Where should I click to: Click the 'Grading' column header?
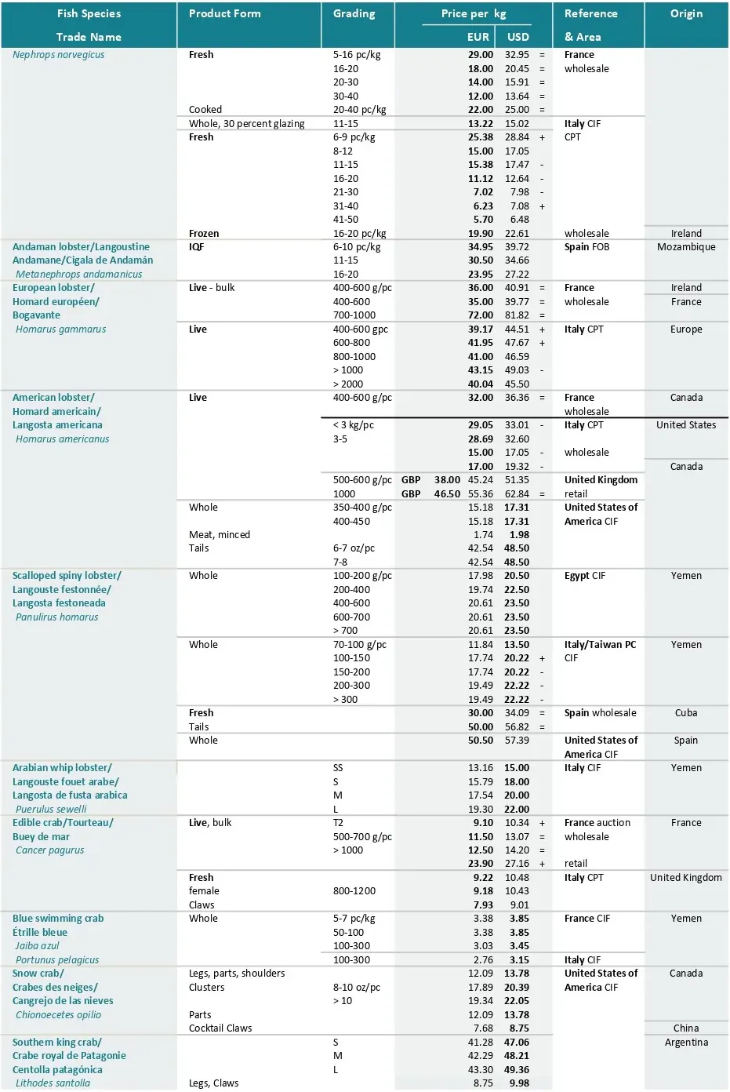pyautogui.click(x=354, y=13)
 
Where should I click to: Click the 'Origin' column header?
pyautogui.click(x=686, y=13)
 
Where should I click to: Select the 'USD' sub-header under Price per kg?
pyautogui.click(x=518, y=36)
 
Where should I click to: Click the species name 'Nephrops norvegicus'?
pyautogui.click(x=58, y=55)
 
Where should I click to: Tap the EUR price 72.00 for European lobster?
pyautogui.click(x=481, y=315)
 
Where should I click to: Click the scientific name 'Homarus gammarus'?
pyautogui.click(x=60, y=329)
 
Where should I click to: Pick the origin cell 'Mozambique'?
pyautogui.click(x=686, y=247)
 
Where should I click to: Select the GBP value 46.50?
pyautogui.click(x=447, y=494)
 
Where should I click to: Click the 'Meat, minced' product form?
pyautogui.click(x=219, y=535)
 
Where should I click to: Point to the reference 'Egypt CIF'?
pyautogui.click(x=584, y=576)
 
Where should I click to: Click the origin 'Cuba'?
pyautogui.click(x=686, y=713)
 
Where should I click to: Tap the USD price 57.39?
pyautogui.click(x=517, y=741)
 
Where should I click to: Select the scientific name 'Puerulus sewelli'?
pyautogui.click(x=51, y=810)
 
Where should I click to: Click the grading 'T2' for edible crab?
pyautogui.click(x=338, y=823)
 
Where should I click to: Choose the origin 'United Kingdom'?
pyautogui.click(x=686, y=878)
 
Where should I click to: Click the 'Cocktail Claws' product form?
pyautogui.click(x=220, y=1028)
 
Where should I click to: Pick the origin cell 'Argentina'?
pyautogui.click(x=686, y=1043)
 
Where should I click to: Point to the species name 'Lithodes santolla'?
pyautogui.click(x=53, y=1083)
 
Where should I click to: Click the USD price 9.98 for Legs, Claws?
pyautogui.click(x=519, y=1083)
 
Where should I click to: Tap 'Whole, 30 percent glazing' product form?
pyautogui.click(x=246, y=124)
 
